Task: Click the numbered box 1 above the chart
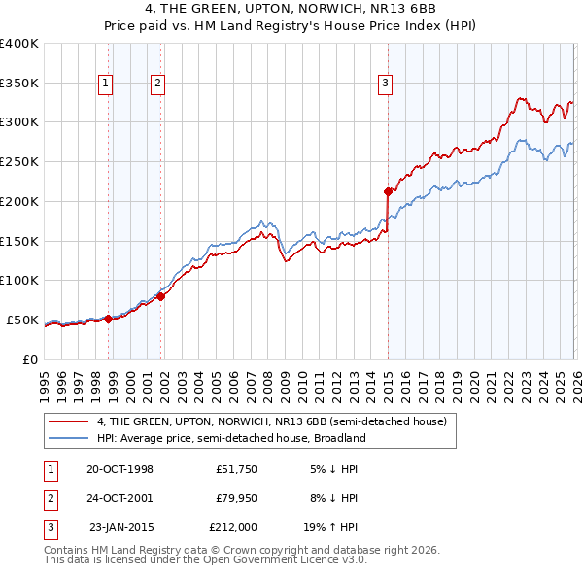click(x=105, y=84)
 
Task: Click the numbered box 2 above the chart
click(x=156, y=84)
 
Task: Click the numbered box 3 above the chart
click(x=385, y=84)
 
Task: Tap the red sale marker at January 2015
click(x=388, y=191)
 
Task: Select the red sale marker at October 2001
click(x=161, y=296)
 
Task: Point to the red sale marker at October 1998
click(x=109, y=319)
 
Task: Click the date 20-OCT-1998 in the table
click(x=120, y=469)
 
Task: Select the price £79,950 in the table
click(x=234, y=498)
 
